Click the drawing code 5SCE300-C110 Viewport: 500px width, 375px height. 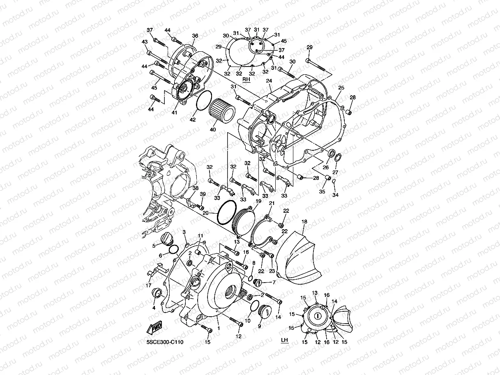tap(165, 342)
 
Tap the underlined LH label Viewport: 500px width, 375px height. tap(284, 340)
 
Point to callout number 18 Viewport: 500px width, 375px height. tap(304, 222)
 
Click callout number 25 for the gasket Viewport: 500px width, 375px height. tap(341, 88)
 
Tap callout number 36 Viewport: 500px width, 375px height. tap(195, 36)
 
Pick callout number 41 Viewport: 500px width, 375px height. tap(175, 113)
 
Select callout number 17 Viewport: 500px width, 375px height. tap(148, 285)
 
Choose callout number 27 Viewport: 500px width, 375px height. tap(336, 172)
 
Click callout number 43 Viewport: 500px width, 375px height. tap(144, 42)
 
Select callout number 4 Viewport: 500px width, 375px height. tap(153, 308)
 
